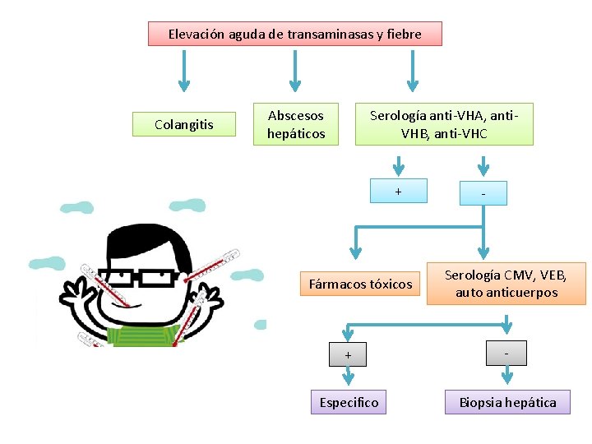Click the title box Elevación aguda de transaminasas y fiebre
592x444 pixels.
pos(294,34)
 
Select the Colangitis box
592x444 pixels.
pos(183,125)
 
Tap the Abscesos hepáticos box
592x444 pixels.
pos(296,124)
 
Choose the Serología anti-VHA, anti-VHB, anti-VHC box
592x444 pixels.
pos(444,124)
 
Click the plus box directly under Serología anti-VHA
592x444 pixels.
pos(398,191)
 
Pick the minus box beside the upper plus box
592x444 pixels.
pos(483,193)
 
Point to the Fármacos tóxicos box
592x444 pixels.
pos(360,284)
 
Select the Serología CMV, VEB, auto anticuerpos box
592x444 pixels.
pos(506,284)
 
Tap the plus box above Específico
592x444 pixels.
pos(348,354)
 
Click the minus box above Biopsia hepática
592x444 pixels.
pos(506,353)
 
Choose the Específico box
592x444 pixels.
pos(348,402)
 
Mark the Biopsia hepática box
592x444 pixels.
pos(507,402)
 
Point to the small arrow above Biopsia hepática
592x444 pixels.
pos(507,376)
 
